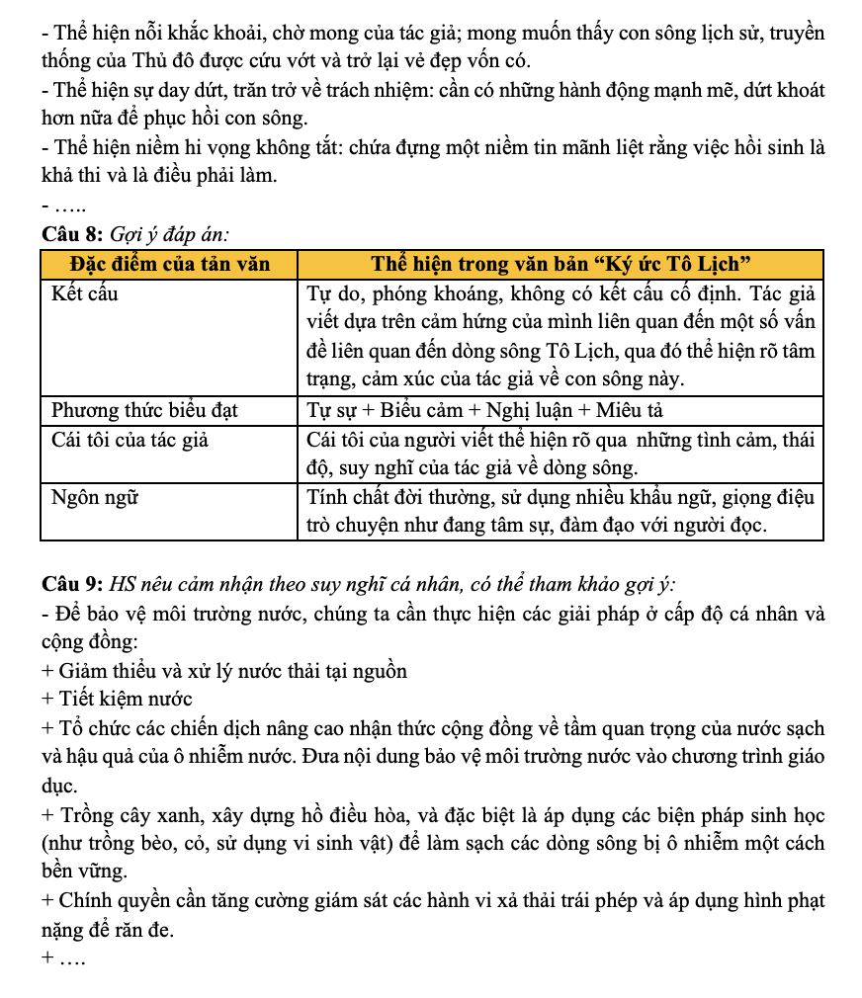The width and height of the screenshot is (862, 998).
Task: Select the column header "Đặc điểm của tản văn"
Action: tap(169, 266)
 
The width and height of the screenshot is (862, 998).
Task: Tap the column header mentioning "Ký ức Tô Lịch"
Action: tap(560, 266)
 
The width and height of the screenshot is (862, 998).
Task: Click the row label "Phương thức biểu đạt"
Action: tap(144, 410)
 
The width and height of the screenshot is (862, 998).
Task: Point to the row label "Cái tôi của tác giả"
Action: tap(129, 440)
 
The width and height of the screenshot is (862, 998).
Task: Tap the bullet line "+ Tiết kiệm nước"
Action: tap(118, 700)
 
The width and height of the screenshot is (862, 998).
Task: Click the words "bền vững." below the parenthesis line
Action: tap(84, 873)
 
